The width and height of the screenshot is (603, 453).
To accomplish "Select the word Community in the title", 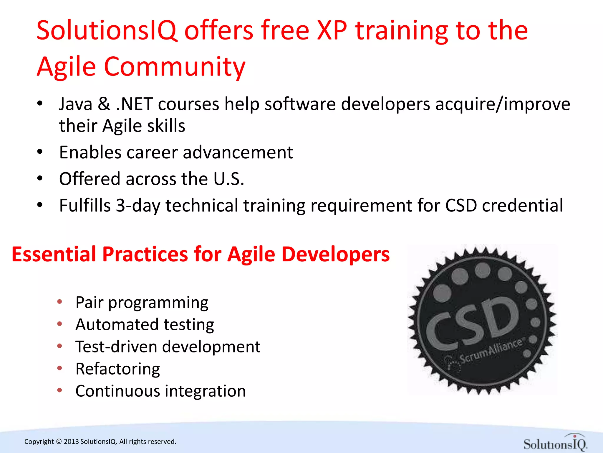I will tap(175, 67).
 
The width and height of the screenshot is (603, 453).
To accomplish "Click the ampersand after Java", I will tap(104, 104).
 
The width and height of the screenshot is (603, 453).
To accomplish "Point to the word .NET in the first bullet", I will tap(135, 104).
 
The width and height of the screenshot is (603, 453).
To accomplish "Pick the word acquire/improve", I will tap(503, 104).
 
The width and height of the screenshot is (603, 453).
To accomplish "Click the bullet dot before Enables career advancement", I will tap(40, 152).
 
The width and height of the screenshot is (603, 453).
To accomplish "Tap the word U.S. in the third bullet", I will tap(229, 179).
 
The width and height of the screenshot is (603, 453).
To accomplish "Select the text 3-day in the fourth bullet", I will tap(138, 205).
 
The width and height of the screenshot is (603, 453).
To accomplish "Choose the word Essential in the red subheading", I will tap(54, 254).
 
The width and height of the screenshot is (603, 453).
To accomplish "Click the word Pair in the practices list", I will tap(90, 302).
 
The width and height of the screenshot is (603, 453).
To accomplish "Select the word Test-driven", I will tap(116, 347).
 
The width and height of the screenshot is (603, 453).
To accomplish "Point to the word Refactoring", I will tap(118, 369).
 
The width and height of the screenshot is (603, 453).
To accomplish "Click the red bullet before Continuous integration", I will tap(60, 390).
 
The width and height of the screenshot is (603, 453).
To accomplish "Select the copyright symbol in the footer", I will tap(59, 441).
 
